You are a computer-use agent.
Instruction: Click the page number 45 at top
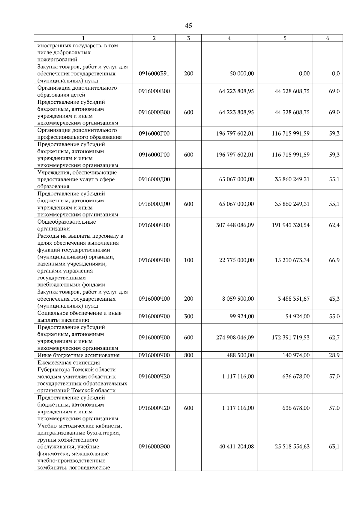[x=188, y=26]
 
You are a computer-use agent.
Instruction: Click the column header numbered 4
[x=229, y=38]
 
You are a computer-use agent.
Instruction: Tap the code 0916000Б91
[x=154, y=73]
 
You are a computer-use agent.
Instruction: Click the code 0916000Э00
[x=154, y=446]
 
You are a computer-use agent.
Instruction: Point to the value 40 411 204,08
[x=236, y=446]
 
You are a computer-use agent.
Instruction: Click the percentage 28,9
[x=334, y=355]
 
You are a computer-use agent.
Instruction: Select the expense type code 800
[x=188, y=355]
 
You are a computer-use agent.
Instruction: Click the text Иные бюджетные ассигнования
[x=78, y=355]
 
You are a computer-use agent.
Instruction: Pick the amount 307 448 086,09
[x=235, y=225]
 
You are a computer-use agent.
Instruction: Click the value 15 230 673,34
[x=292, y=260]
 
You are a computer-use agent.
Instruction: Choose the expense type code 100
[x=188, y=260]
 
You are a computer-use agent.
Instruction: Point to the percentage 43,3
[x=334, y=299]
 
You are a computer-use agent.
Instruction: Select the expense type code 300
[x=188, y=316]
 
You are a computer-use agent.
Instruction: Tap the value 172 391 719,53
[x=291, y=338]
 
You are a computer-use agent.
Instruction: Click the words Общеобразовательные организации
[x=67, y=225]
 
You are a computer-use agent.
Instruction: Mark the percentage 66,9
[x=334, y=260]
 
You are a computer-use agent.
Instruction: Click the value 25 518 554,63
[x=292, y=446]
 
